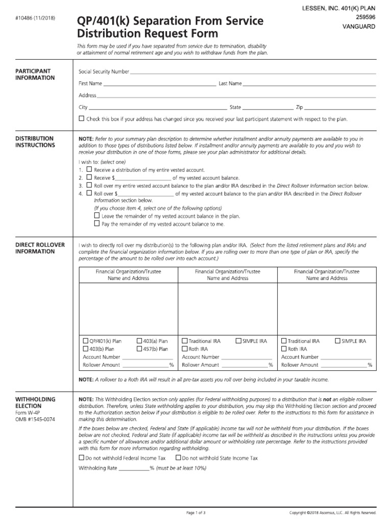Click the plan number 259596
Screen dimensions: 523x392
[360, 16]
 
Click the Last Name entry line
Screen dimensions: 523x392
[309, 84]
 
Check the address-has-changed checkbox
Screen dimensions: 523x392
[82, 118]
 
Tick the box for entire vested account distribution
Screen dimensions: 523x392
[89, 169]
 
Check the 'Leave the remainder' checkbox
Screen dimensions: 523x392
[97, 216]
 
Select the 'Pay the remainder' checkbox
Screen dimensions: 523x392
[97, 224]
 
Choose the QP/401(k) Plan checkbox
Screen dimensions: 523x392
[85, 341]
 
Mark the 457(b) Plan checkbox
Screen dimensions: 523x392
[139, 349]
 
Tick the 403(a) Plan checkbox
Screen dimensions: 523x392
[139, 341]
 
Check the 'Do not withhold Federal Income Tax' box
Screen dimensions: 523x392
[82, 458]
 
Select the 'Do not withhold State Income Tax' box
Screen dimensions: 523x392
[178, 458]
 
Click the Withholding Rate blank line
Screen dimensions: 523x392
[134, 468]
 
